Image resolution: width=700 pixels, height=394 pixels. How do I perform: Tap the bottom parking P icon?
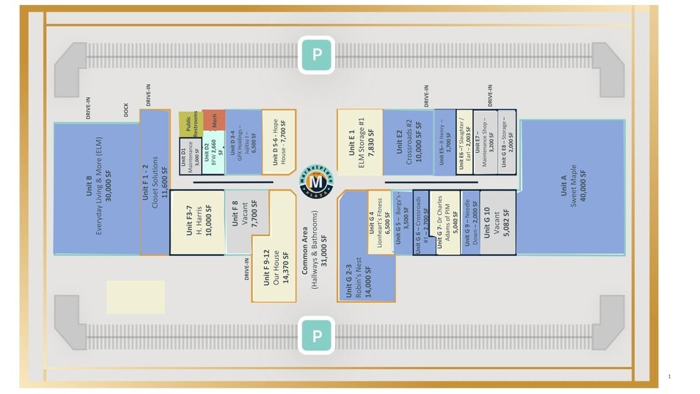pyautogui.click(x=317, y=335)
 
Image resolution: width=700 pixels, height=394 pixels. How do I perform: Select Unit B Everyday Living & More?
pyautogui.click(x=95, y=188)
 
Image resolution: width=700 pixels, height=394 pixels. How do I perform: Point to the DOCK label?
pyautogui.click(x=125, y=111)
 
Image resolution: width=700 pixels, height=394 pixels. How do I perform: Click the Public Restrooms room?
pyautogui.click(x=189, y=124)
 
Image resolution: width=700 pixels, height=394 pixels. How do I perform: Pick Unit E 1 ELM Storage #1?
pyautogui.click(x=359, y=142)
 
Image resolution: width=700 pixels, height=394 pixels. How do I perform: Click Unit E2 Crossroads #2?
pyautogui.click(x=408, y=142)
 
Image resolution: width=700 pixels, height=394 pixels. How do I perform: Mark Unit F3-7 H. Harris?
pyautogui.click(x=197, y=221)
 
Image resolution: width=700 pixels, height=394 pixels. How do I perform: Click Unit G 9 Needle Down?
pyautogui.click(x=470, y=221)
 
